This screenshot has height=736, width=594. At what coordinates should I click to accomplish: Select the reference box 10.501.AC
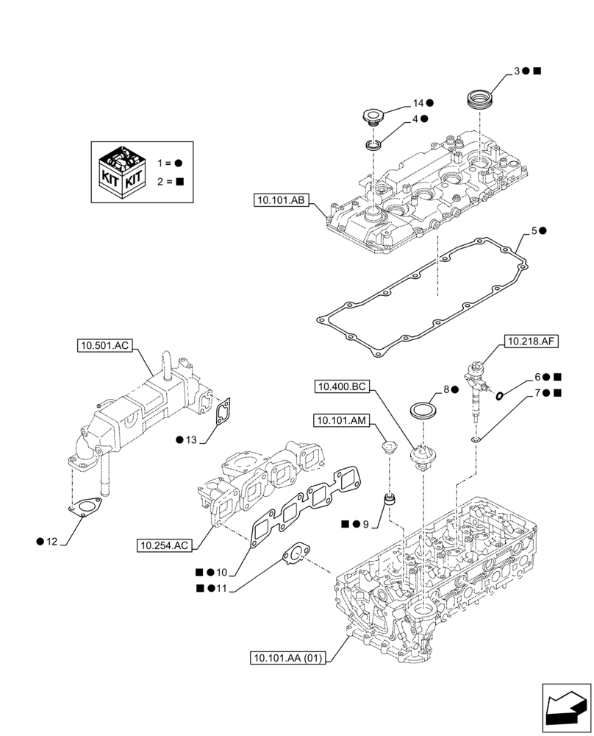coord(104,344)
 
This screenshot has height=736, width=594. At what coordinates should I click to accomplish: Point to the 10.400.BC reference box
coord(343,386)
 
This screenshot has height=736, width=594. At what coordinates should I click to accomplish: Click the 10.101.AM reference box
coord(343,420)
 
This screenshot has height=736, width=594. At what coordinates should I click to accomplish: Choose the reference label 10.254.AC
coord(164,545)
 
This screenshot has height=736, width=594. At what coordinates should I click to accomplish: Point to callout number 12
coord(51,542)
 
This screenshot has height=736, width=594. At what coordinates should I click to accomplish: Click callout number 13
coord(190,440)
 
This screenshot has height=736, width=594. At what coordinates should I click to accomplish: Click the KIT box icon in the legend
coord(121,171)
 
